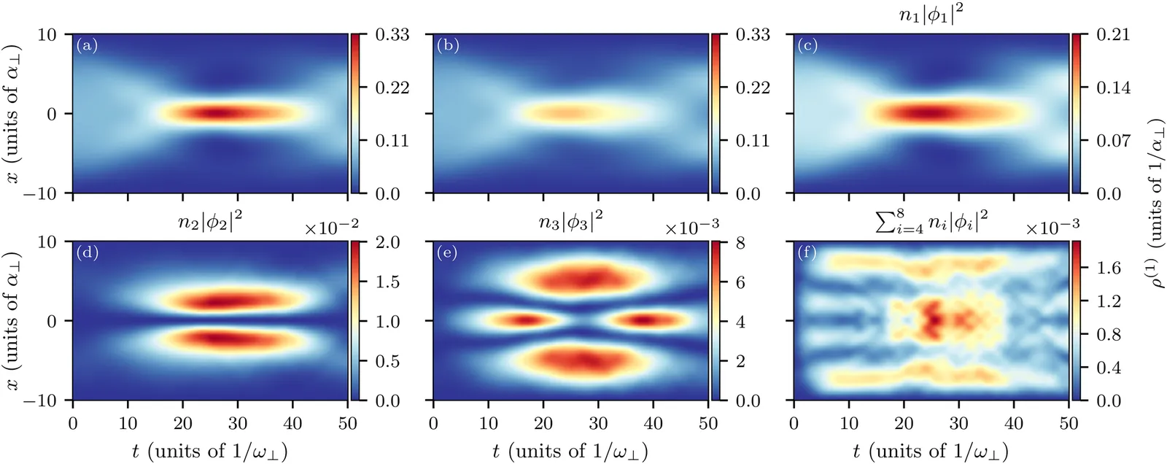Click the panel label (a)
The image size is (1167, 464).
87,46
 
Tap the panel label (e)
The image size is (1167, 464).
447,253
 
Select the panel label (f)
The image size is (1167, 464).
807,253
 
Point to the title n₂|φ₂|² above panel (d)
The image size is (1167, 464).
210,222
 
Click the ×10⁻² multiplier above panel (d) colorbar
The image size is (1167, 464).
331,228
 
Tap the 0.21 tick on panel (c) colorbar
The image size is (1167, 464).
1112,34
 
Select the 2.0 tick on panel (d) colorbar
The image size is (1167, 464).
387,242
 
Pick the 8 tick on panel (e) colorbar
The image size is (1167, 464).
740,242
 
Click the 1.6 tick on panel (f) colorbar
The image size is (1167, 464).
1109,268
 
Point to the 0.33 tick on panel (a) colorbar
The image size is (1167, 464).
392,34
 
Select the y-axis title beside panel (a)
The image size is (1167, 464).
14,113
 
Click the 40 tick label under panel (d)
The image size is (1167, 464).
292,424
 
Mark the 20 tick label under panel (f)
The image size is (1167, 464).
904,424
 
